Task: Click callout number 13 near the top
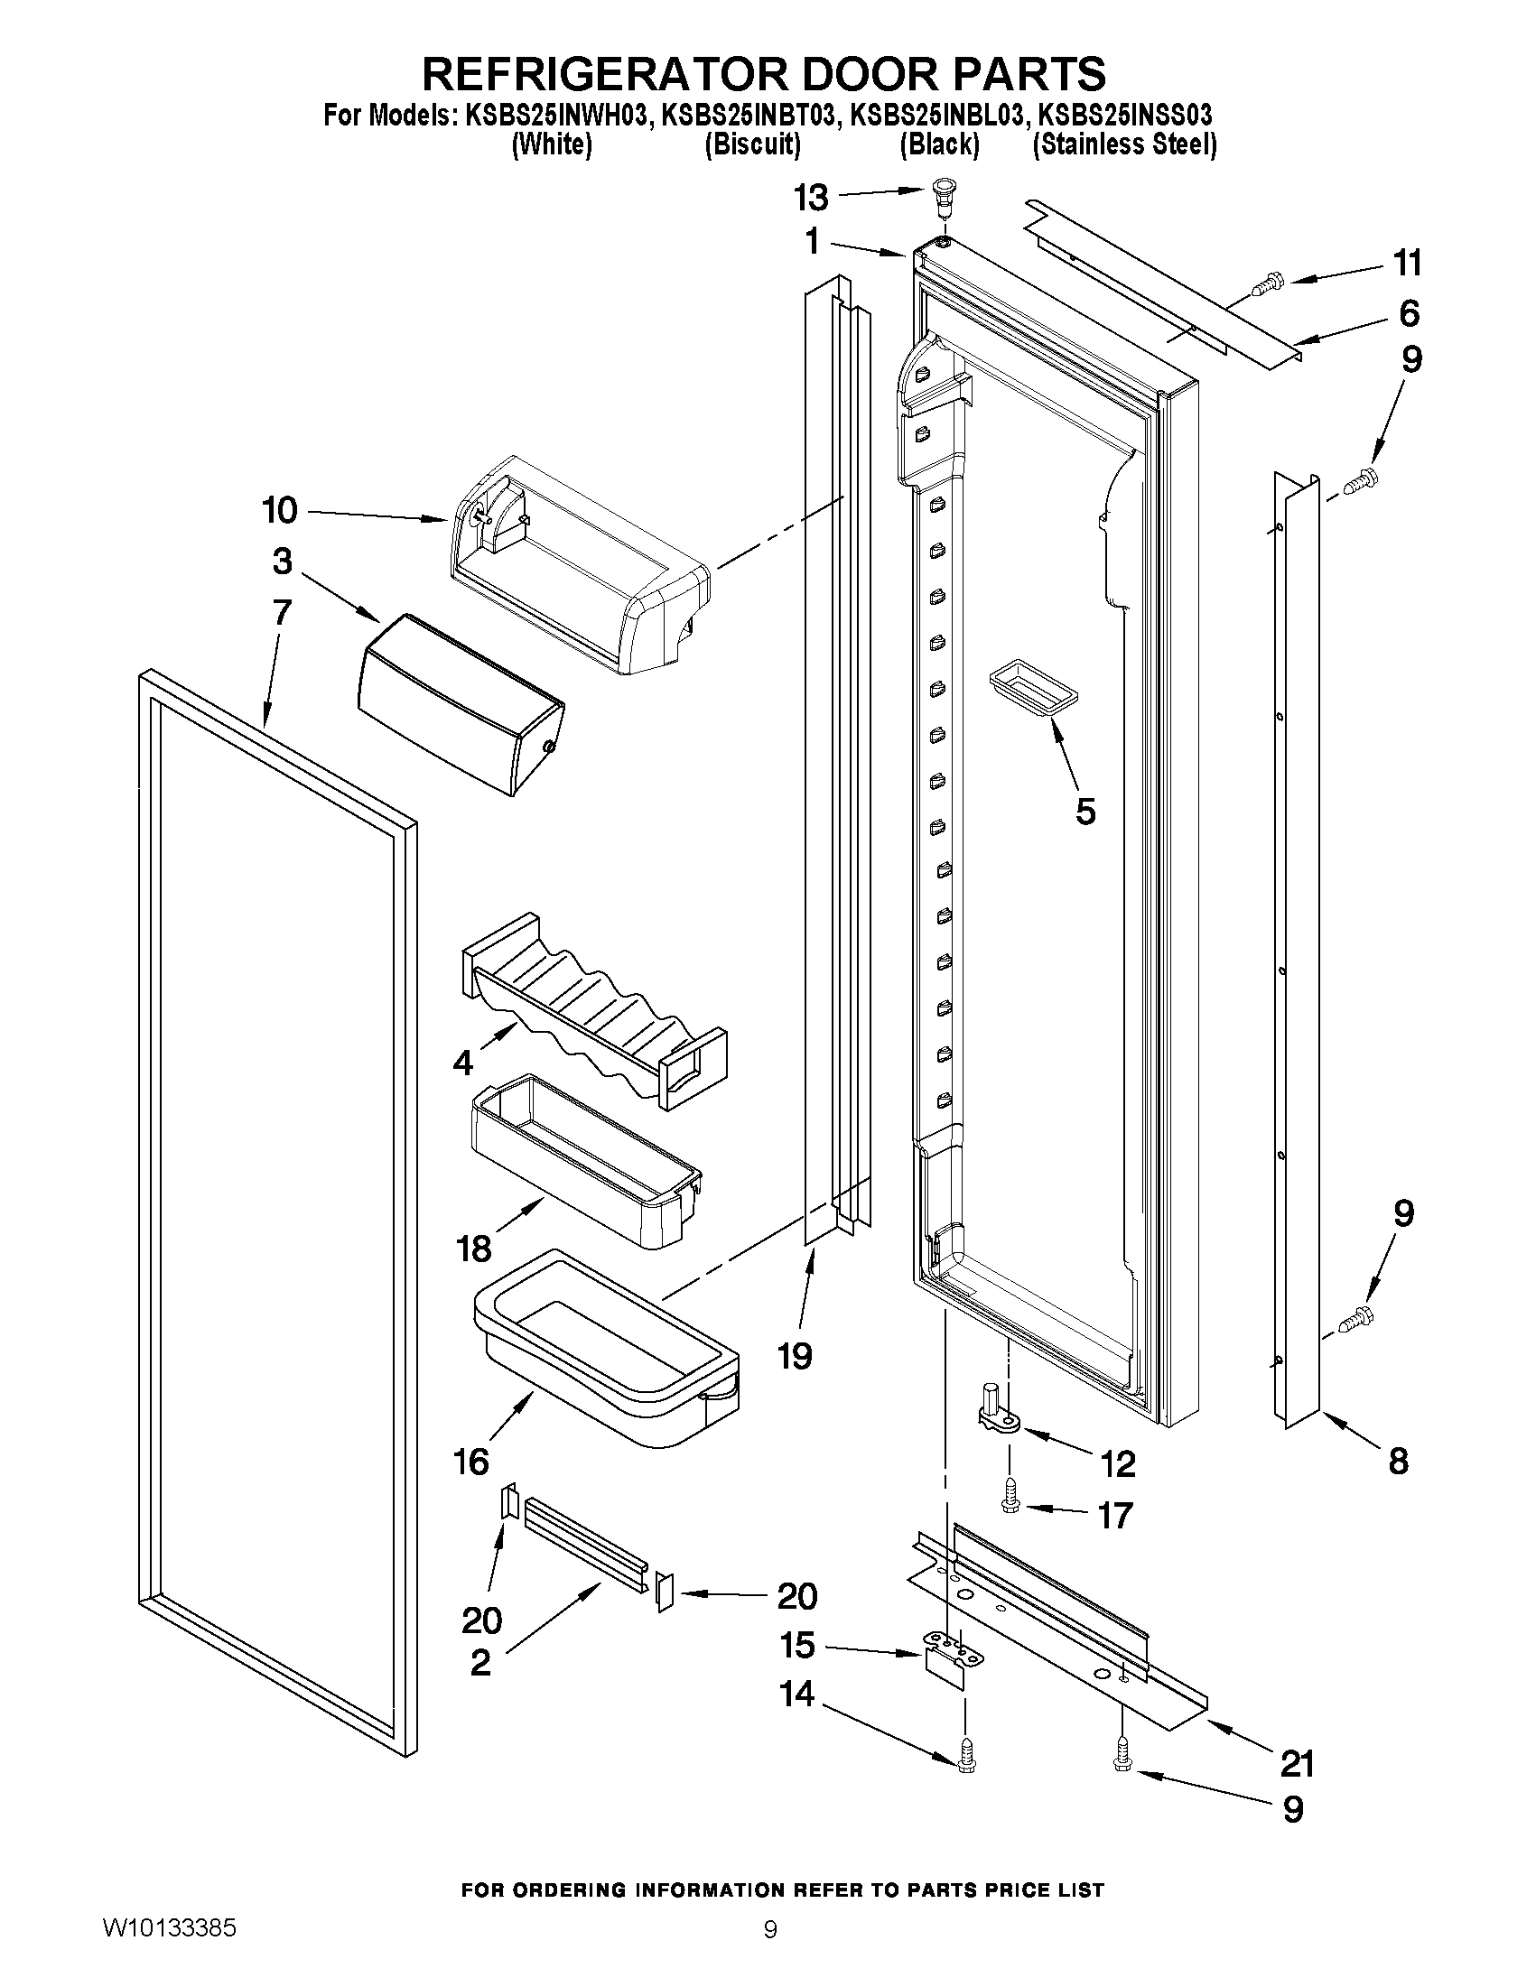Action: click(811, 197)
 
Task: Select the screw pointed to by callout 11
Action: click(1265, 287)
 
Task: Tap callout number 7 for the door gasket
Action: click(281, 612)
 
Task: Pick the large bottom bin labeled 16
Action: click(605, 1347)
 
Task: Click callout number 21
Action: click(1298, 1763)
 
